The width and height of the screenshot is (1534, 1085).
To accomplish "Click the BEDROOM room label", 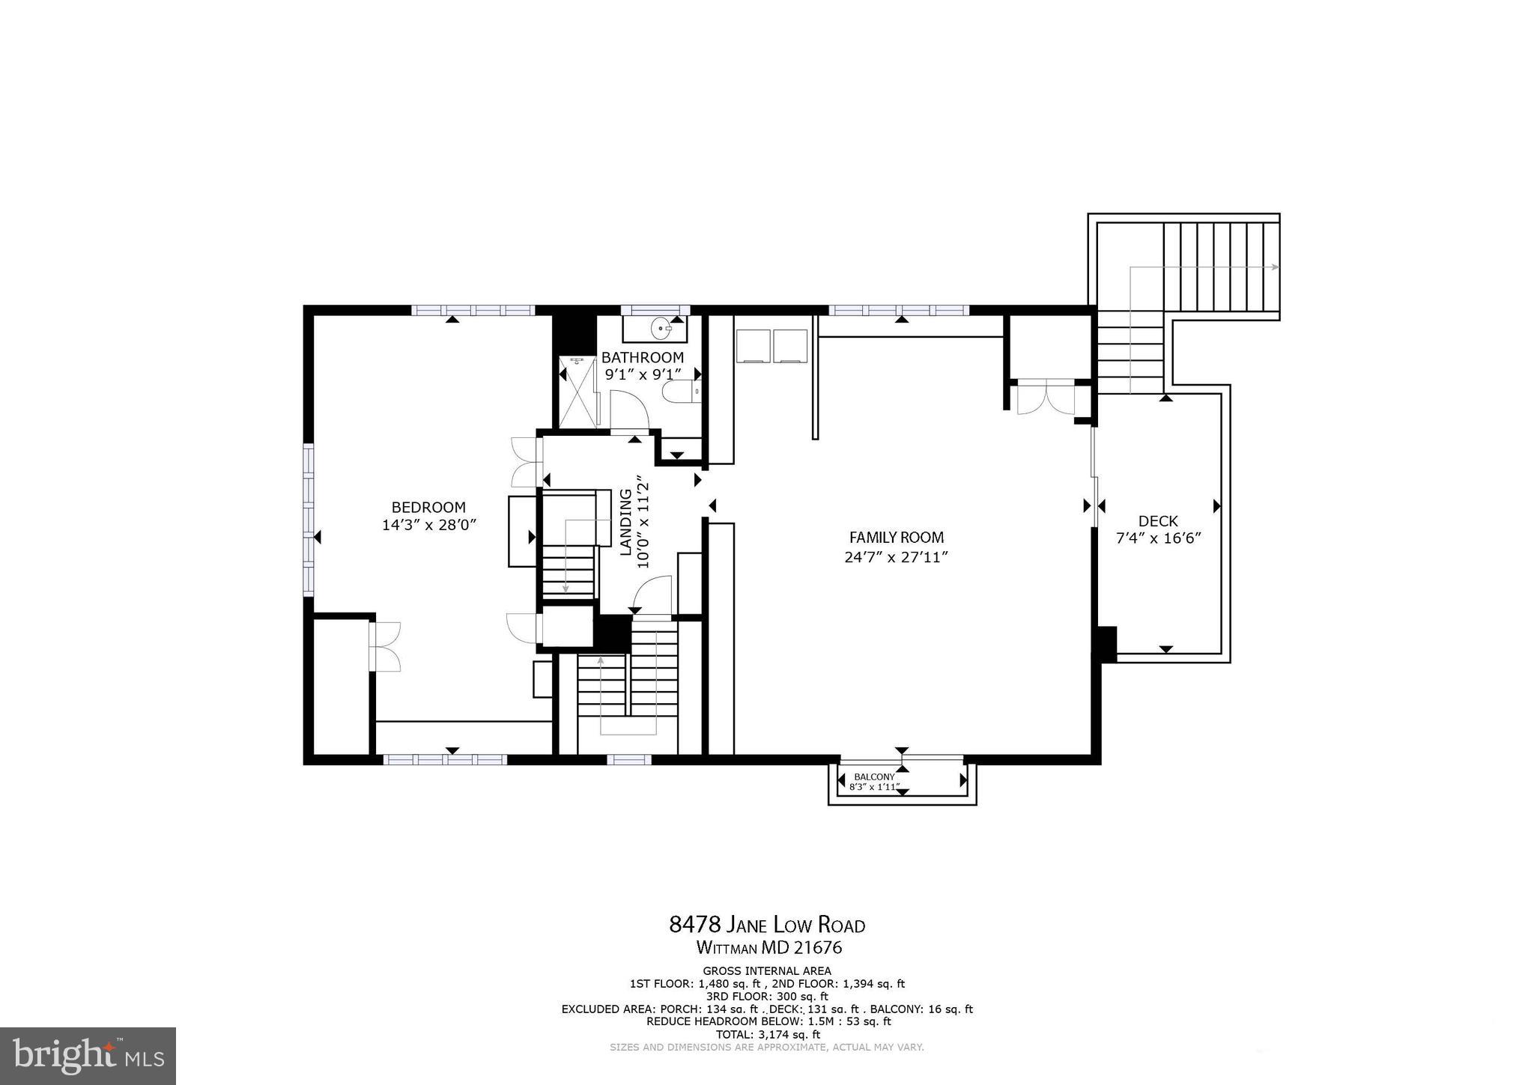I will click(x=428, y=507).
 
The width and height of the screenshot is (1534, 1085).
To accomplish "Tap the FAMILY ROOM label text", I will click(x=896, y=537).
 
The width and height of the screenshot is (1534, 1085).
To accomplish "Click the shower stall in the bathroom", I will click(x=577, y=392).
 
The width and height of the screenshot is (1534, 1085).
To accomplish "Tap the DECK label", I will click(x=1157, y=521).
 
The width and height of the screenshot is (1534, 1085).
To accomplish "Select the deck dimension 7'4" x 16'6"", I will click(x=1158, y=538).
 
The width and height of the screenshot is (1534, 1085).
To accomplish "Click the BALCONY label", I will click(x=874, y=776).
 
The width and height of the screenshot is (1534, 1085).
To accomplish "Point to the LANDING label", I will click(x=625, y=522).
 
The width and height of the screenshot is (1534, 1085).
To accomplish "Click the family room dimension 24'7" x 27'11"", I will click(x=896, y=557).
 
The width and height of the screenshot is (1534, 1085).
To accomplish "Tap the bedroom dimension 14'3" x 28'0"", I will click(x=428, y=526).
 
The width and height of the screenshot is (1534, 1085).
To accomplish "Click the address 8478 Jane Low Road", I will click(x=766, y=925).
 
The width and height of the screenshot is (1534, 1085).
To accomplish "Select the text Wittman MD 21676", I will click(x=768, y=948).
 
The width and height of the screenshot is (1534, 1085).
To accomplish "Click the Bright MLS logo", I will click(x=88, y=1056).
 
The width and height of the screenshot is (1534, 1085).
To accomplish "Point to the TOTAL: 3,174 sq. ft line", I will click(x=768, y=1035).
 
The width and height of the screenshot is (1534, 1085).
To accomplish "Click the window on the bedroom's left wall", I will click(x=308, y=520).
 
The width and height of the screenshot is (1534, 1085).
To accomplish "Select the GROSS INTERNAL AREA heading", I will click(x=766, y=970).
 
